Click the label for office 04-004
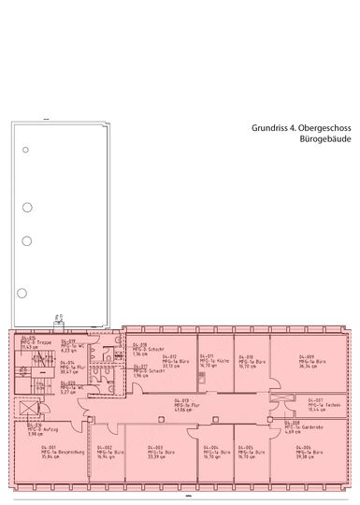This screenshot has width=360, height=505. [x=214, y=452]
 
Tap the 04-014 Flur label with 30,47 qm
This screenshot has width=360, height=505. [x=72, y=368]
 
